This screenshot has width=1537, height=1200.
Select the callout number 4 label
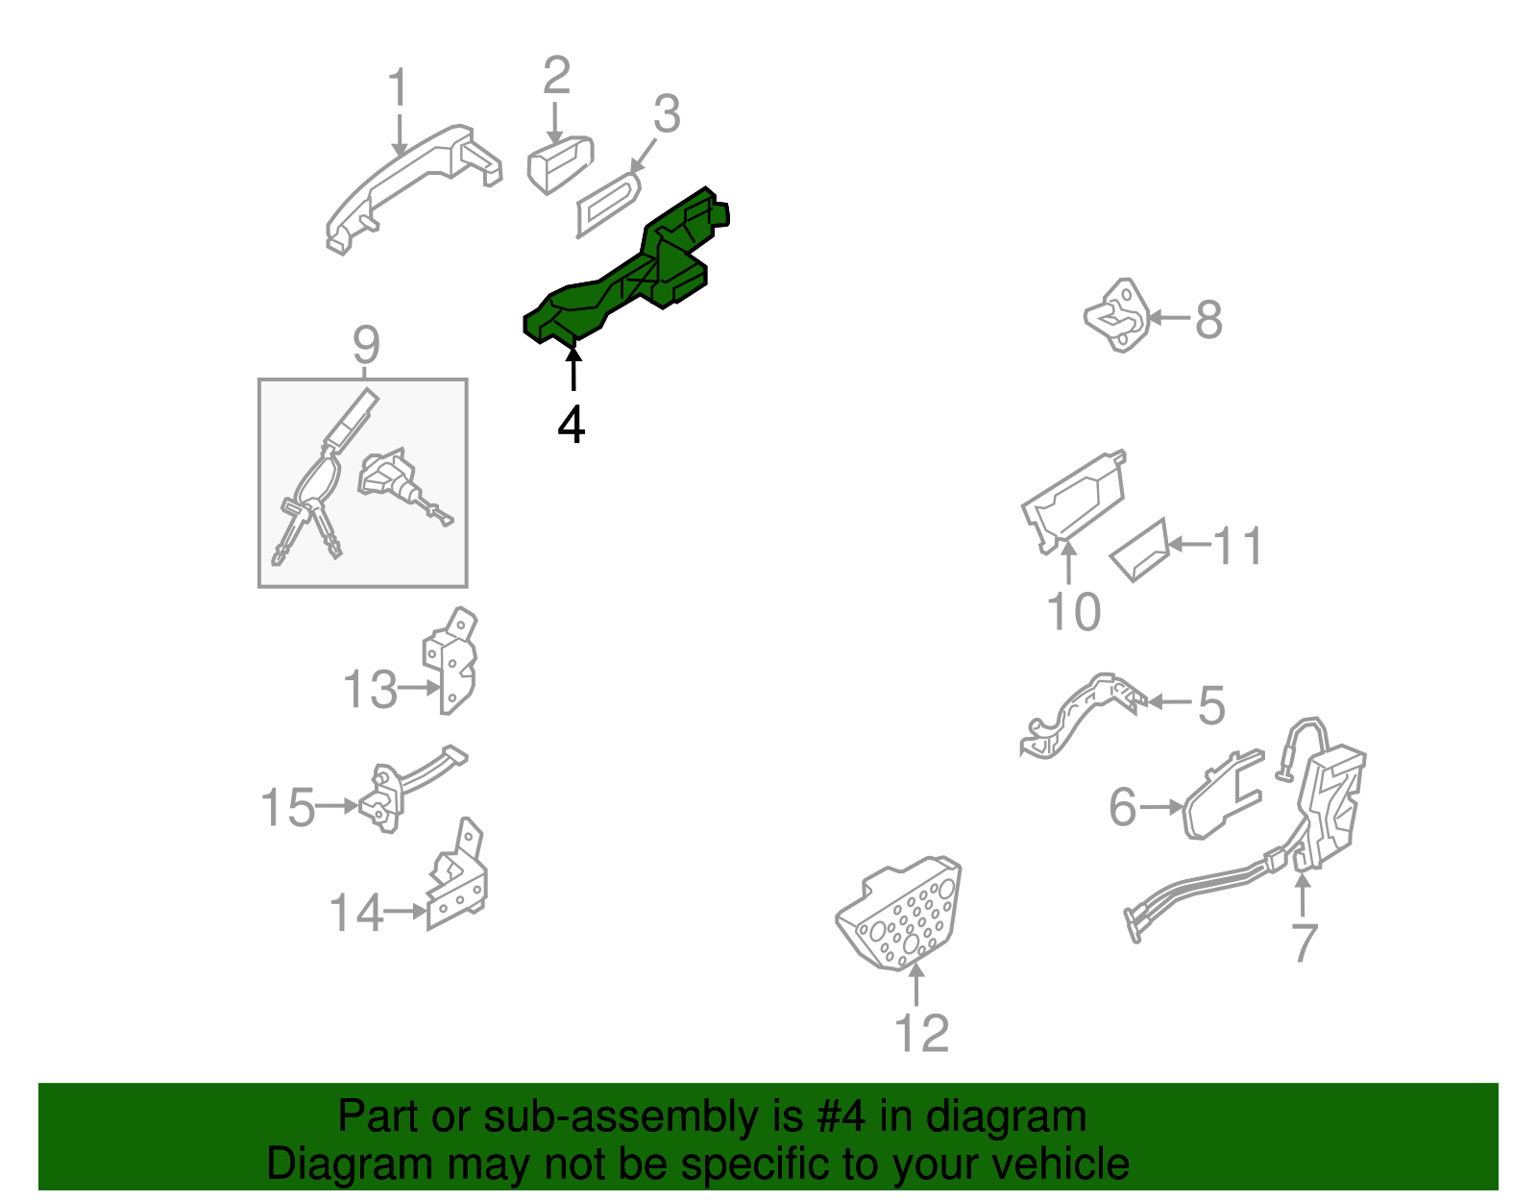571,425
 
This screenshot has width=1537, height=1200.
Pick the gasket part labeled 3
607,205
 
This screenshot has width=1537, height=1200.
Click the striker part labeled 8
1117,315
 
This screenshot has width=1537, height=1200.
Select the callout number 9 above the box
366,344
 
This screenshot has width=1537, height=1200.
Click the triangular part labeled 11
1139,551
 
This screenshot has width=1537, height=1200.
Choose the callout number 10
1073,611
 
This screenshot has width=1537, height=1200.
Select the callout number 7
1305,942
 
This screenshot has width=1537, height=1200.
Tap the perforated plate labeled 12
898,913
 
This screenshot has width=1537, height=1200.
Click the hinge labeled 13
450,660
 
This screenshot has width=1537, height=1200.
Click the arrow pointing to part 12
916,984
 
